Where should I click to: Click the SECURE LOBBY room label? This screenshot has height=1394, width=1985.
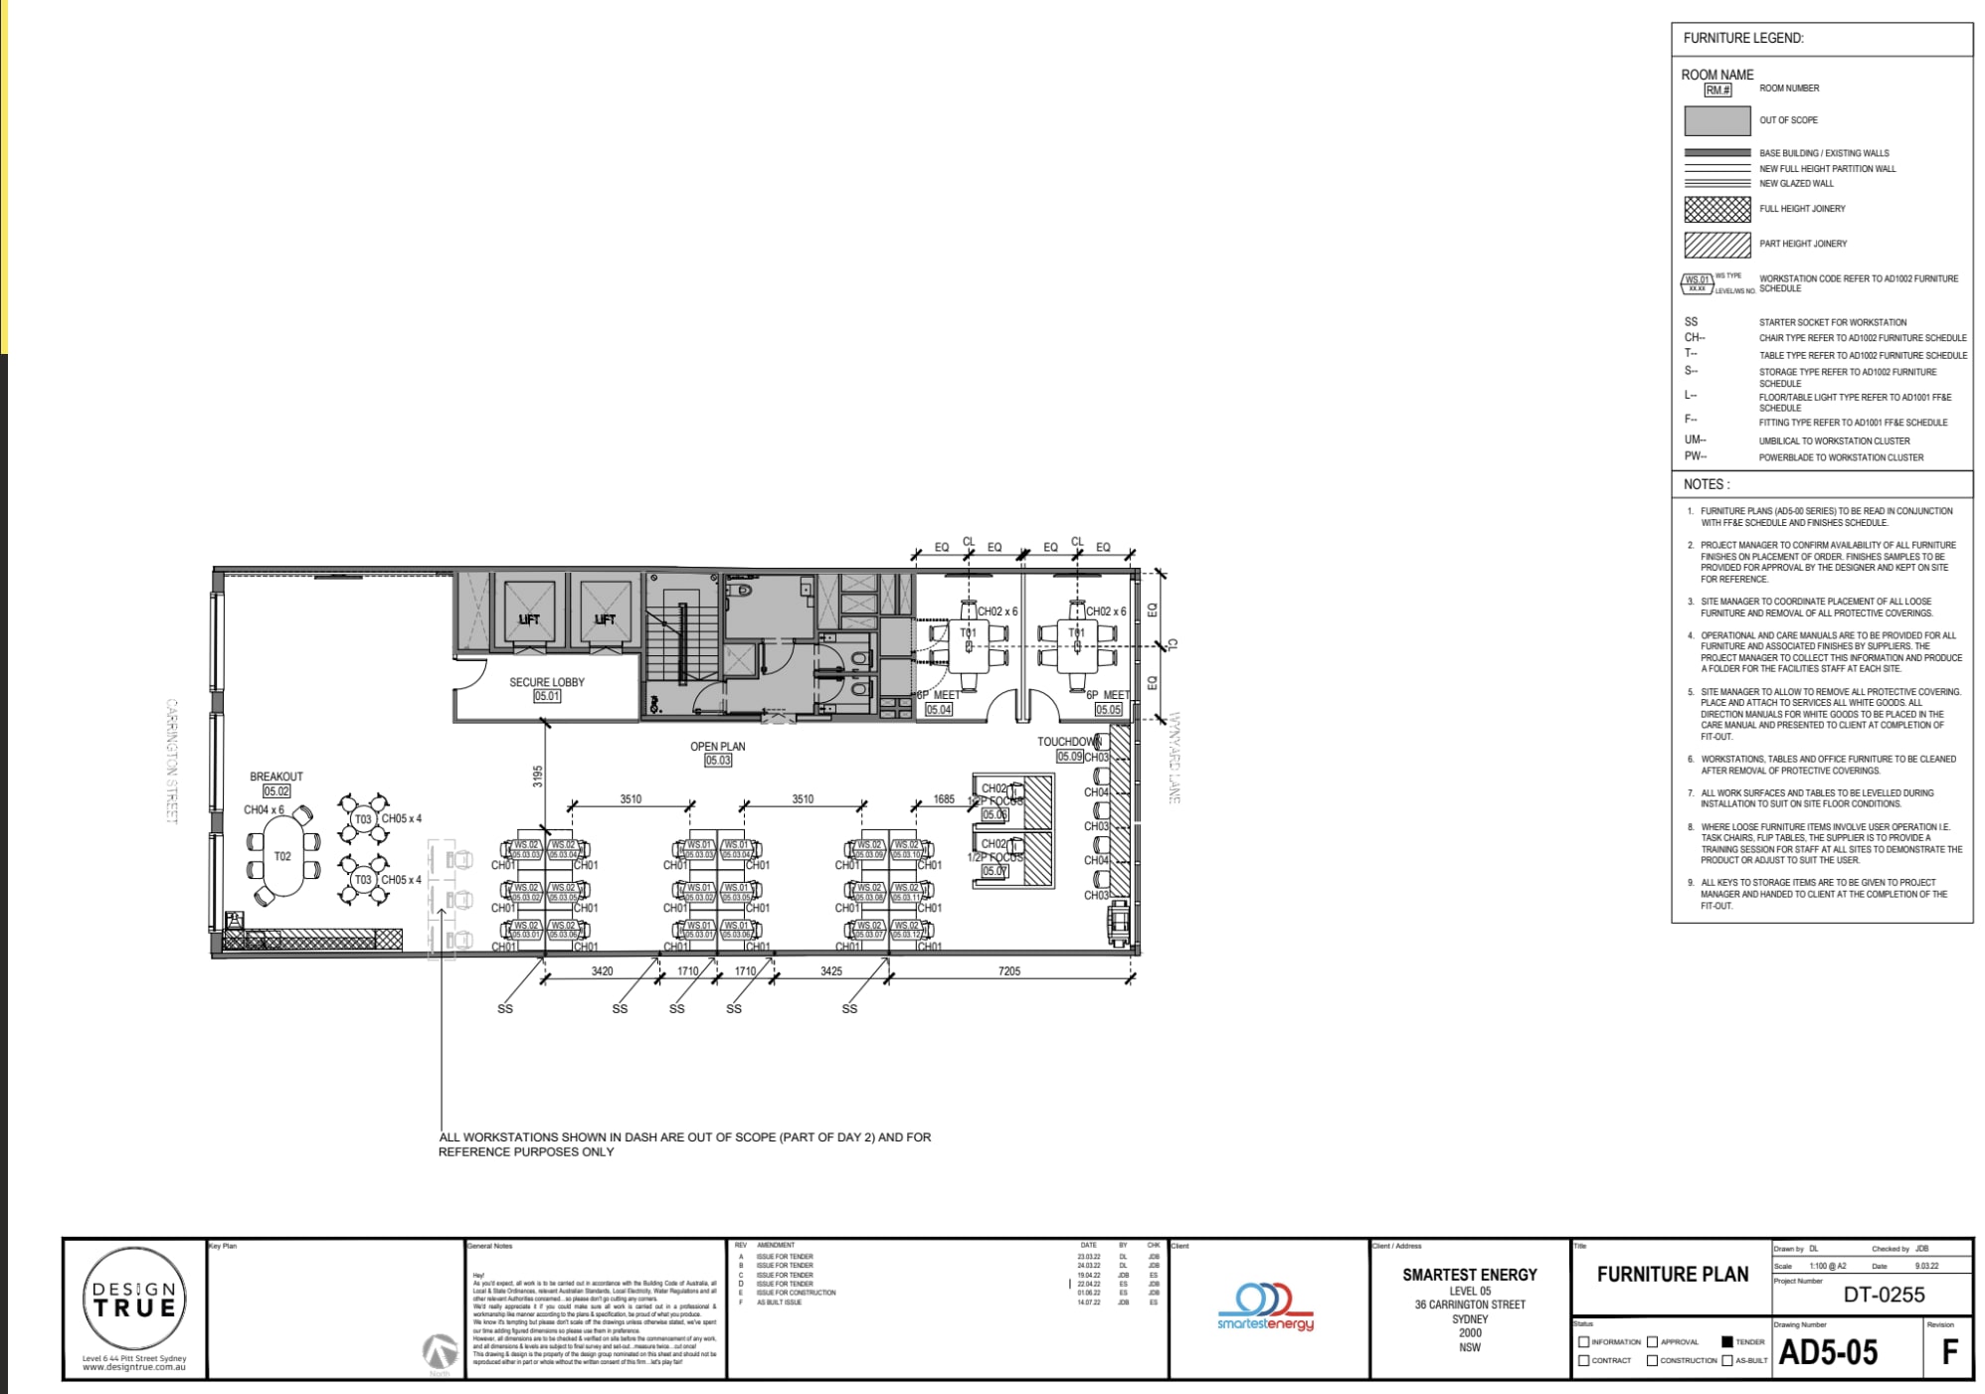[x=546, y=682]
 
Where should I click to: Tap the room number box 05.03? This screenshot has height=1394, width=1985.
[x=717, y=760]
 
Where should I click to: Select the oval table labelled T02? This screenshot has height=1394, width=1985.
[x=282, y=857]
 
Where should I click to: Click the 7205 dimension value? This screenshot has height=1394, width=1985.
[x=1008, y=971]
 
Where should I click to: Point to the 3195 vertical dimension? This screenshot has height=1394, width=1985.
[x=538, y=776]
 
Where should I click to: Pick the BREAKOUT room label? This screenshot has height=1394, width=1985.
[x=276, y=777]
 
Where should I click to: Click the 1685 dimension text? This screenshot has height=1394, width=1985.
[x=943, y=799]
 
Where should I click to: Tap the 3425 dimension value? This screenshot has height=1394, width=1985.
[x=831, y=971]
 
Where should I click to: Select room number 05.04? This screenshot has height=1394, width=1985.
[x=939, y=710]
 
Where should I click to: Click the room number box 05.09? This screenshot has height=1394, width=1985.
[x=1069, y=757]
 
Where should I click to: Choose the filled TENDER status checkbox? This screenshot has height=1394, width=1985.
[x=1727, y=1342]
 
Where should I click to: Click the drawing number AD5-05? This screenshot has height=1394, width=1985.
[x=1828, y=1353]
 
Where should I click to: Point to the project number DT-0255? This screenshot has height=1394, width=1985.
[x=1884, y=1295]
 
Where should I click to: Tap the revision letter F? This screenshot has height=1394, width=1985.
[x=1949, y=1352]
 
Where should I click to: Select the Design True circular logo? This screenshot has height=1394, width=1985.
[x=133, y=1300]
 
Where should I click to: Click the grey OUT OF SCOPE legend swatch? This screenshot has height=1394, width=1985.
[x=1716, y=120]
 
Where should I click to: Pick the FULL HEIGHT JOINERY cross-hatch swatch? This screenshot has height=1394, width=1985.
[x=1716, y=209]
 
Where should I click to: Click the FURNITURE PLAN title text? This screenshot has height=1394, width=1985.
[x=1672, y=1275]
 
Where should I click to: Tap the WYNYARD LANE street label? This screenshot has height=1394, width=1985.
[x=1173, y=758]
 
